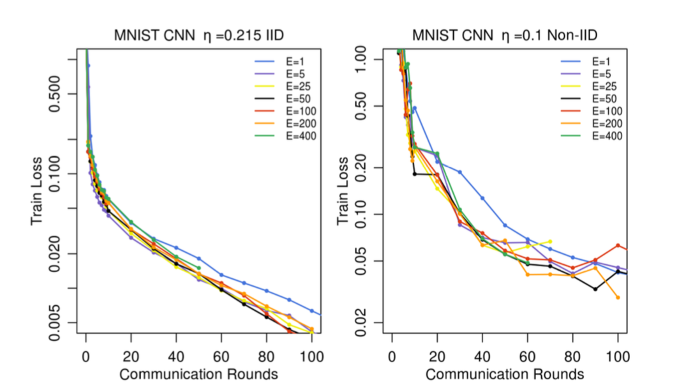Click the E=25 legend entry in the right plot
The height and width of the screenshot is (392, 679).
(605, 87)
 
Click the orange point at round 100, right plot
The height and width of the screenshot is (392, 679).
(618, 297)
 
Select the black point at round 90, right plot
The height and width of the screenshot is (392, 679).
(595, 289)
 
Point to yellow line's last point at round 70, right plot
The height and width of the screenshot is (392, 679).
(550, 241)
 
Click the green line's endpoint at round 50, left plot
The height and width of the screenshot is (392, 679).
(198, 268)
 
